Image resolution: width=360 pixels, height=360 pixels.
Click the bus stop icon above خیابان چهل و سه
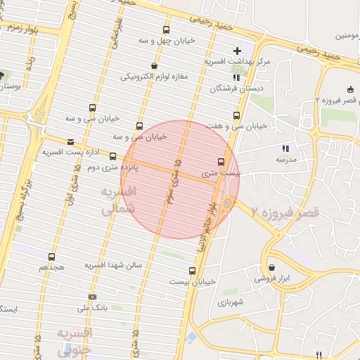(x=166, y=30)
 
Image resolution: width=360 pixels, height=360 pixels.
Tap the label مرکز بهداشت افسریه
(x=237, y=62)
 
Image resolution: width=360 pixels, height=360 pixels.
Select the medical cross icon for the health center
(x=237, y=51)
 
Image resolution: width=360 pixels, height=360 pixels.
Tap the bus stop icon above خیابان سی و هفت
(x=236, y=115)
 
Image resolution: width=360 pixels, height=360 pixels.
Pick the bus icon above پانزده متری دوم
(x=112, y=156)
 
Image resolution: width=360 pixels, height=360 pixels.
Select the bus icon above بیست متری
(x=221, y=161)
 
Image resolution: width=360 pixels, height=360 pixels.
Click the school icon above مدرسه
(x=285, y=148)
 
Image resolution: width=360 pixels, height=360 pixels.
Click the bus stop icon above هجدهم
(x=51, y=257)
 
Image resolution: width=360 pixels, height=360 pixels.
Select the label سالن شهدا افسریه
(x=114, y=265)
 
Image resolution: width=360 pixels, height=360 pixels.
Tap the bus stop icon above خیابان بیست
(x=192, y=271)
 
